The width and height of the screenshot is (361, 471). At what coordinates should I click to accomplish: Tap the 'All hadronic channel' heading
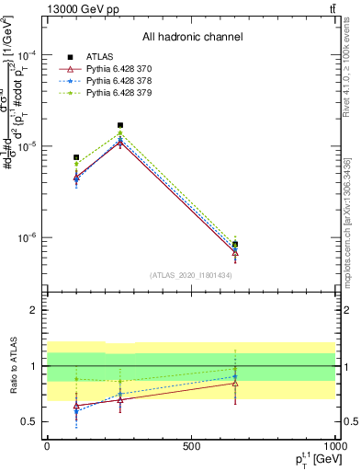click(x=192, y=37)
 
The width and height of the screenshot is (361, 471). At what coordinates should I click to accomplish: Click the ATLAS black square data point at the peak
click(x=120, y=125)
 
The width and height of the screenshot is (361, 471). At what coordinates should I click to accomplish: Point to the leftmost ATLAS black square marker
click(x=76, y=157)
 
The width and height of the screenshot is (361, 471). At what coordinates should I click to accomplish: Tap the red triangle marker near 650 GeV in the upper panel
click(x=236, y=253)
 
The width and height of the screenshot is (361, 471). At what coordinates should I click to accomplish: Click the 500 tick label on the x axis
click(x=191, y=446)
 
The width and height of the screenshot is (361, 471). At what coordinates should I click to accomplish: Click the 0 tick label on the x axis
click(x=47, y=446)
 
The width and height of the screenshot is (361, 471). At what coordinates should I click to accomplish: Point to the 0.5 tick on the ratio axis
click(x=32, y=421)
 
